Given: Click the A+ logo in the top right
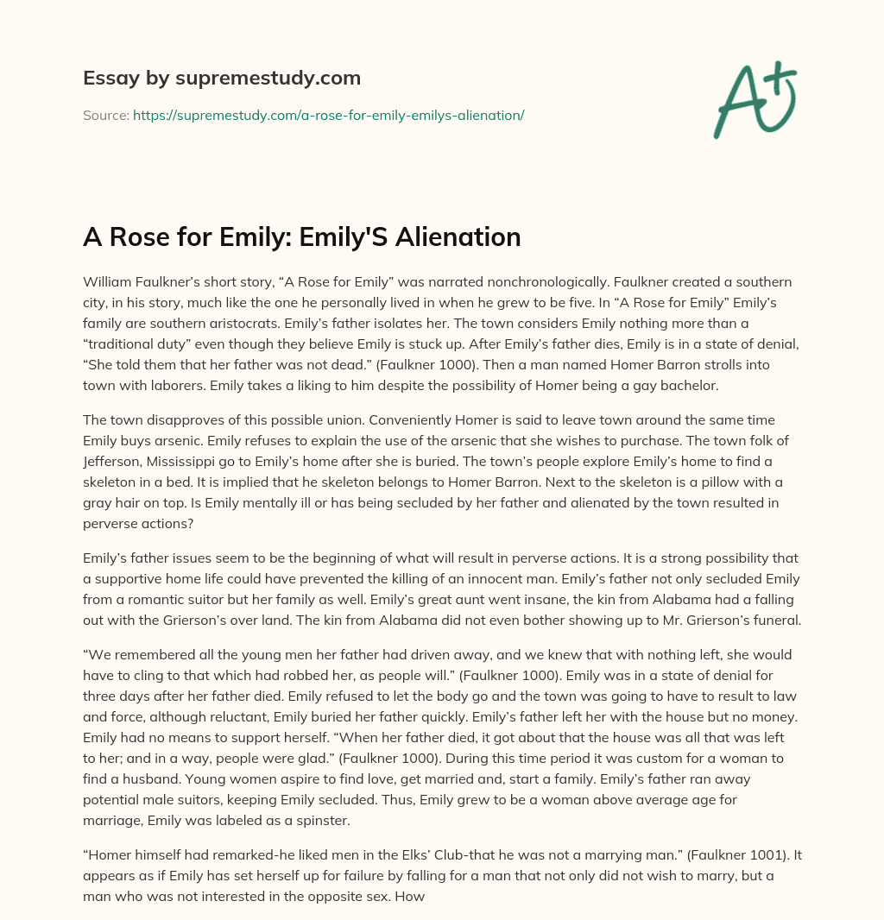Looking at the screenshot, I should point(755,99).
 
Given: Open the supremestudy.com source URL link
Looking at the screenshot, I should point(328,115).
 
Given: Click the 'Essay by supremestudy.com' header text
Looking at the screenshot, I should point(222,79).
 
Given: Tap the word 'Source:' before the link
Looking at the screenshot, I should point(106,115).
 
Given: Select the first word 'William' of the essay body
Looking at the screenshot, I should point(108,282).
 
